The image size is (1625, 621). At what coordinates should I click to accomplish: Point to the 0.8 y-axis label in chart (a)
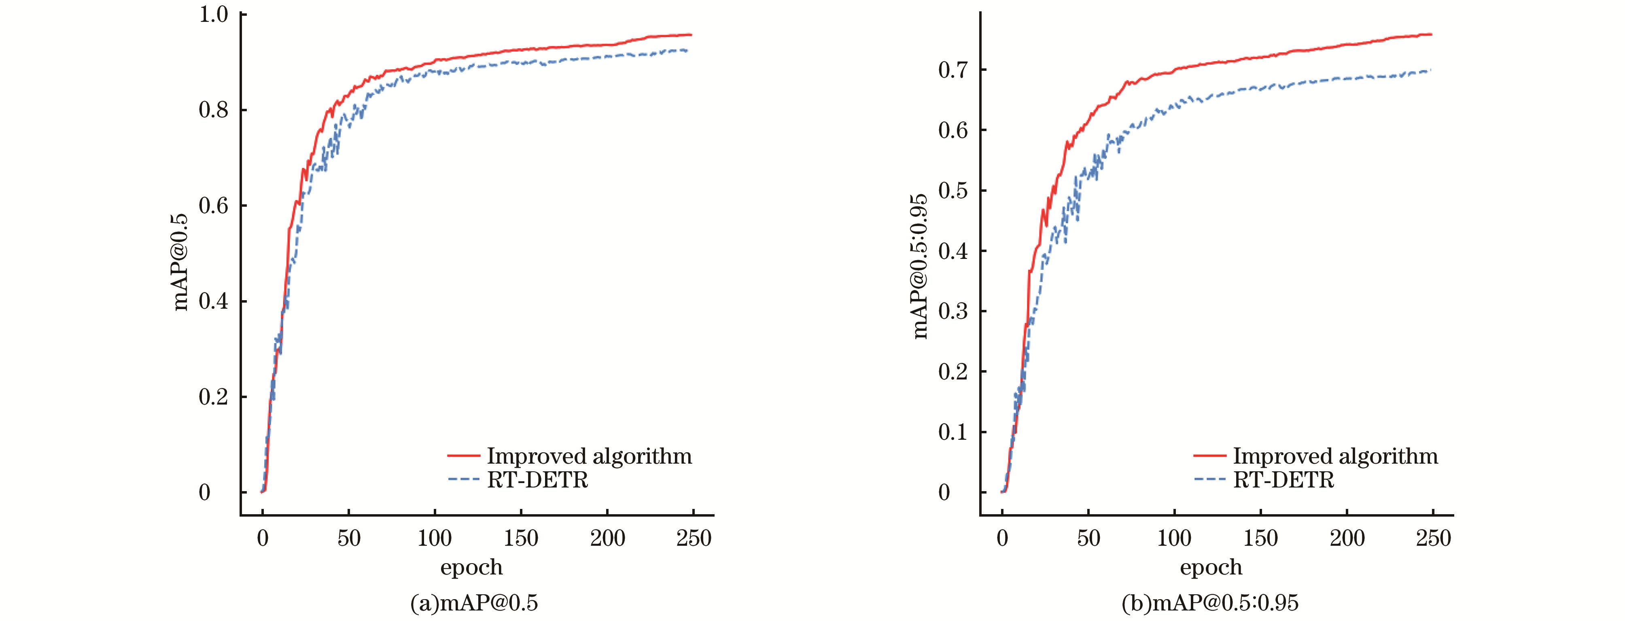(x=213, y=110)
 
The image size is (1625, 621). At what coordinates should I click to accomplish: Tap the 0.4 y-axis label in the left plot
(x=213, y=301)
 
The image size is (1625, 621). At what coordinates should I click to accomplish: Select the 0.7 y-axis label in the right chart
(x=953, y=70)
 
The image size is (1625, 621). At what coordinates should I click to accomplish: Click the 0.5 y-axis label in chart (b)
(x=953, y=191)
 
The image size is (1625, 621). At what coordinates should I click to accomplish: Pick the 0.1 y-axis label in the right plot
(x=953, y=432)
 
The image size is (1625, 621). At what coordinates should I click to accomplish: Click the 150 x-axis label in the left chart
(x=520, y=538)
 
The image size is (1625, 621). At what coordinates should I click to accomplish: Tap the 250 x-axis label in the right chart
(x=1433, y=538)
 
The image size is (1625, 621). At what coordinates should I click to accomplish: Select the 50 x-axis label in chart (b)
(x=1088, y=538)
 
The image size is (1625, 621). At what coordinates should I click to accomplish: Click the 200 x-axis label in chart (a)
(x=607, y=538)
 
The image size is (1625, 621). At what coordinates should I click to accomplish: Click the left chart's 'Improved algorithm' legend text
(x=589, y=456)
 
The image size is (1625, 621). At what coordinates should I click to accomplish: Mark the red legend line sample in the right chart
(x=1210, y=455)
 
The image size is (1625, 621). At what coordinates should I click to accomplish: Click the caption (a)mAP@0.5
(x=474, y=603)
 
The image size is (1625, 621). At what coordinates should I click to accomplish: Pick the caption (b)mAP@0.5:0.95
(x=1210, y=603)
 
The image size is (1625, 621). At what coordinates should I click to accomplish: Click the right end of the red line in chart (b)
(x=1431, y=35)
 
